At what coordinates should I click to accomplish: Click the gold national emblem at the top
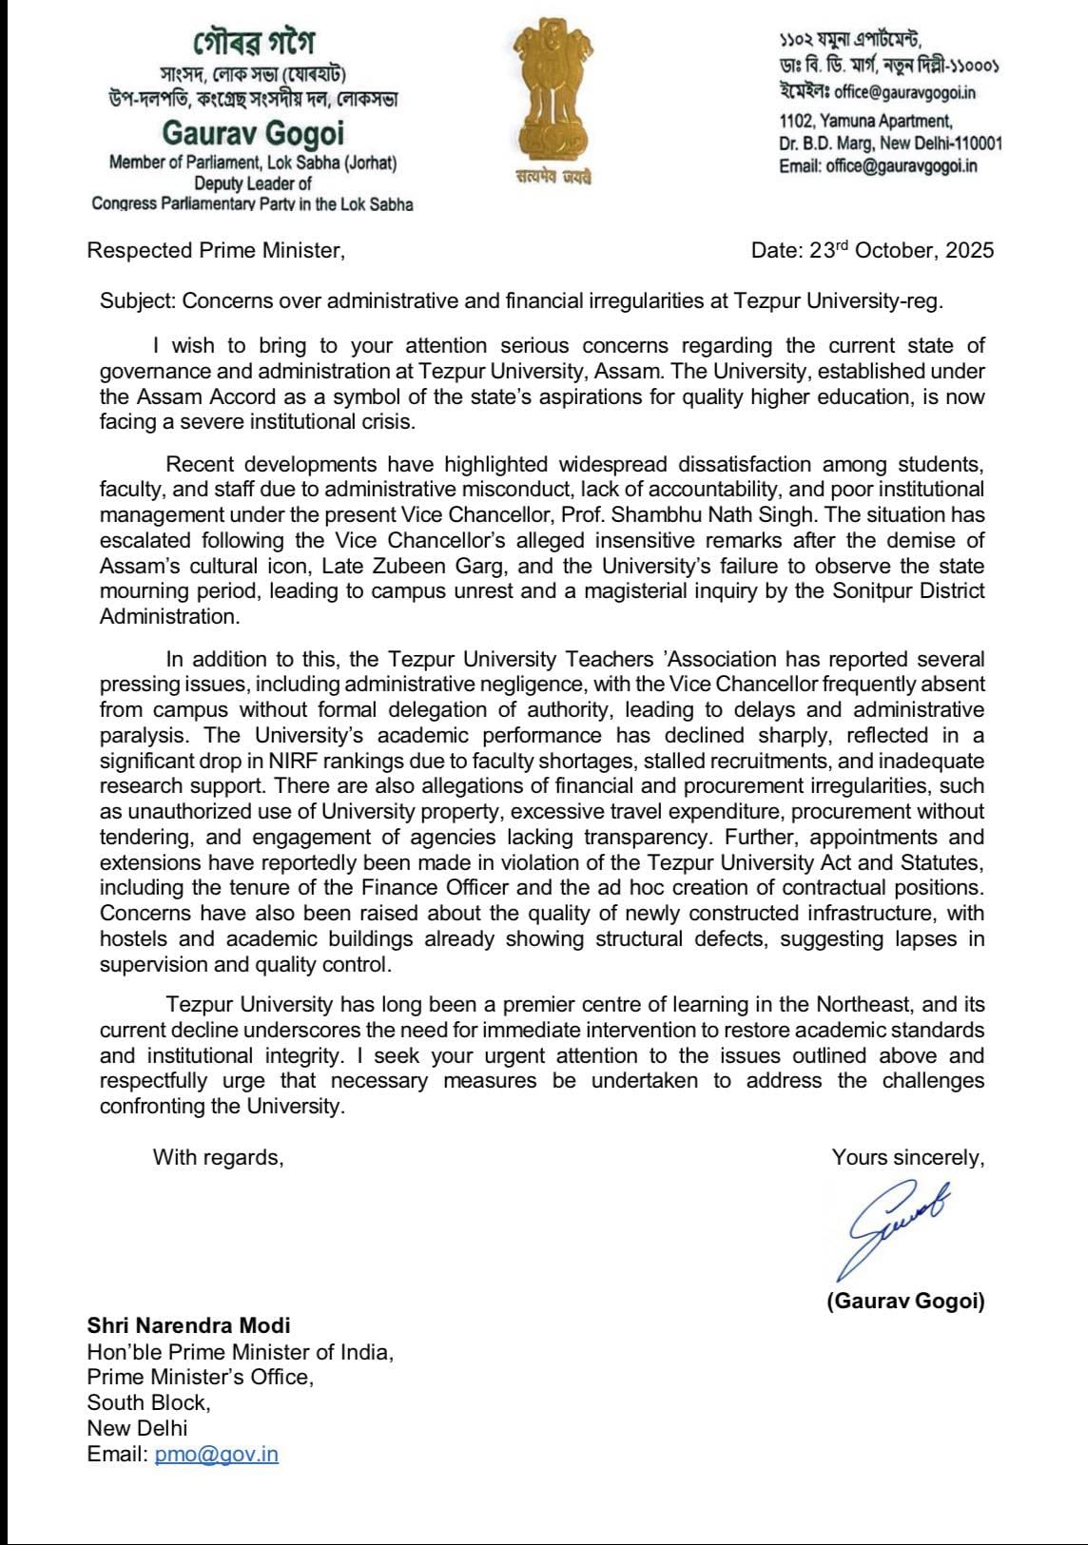click(553, 91)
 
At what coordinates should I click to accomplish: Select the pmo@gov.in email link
click(216, 1454)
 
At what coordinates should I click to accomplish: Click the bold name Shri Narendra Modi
click(188, 1324)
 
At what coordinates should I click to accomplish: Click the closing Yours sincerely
click(907, 1157)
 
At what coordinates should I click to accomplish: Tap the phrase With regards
click(219, 1157)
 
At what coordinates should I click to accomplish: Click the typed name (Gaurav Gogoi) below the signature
click(905, 1301)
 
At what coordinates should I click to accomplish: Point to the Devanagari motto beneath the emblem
click(553, 178)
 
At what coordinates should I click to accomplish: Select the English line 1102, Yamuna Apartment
click(865, 121)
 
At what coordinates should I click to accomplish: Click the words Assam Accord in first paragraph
click(187, 396)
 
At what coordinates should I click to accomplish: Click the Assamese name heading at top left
click(253, 43)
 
